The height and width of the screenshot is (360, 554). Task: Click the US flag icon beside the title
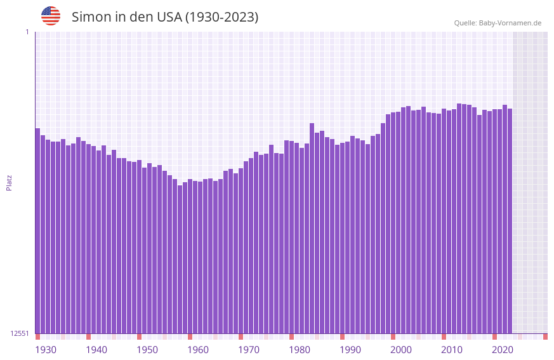51,16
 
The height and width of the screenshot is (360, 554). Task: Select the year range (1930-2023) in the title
221,17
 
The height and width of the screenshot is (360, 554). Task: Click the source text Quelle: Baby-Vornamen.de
498,23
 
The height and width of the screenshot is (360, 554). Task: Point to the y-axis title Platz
9,182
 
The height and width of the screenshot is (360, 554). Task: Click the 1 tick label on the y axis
27,32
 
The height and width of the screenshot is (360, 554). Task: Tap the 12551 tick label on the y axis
20,333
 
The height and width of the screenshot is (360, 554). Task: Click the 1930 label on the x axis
46,350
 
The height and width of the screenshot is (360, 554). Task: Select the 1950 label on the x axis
147,350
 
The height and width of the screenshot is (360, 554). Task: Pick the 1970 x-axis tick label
249,350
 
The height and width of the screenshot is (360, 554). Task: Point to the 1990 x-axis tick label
350,350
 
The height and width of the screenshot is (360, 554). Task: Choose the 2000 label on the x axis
401,350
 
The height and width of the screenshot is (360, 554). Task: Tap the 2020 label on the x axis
503,350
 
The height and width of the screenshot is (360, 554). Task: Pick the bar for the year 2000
393,223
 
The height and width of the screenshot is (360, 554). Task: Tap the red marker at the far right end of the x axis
545,337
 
